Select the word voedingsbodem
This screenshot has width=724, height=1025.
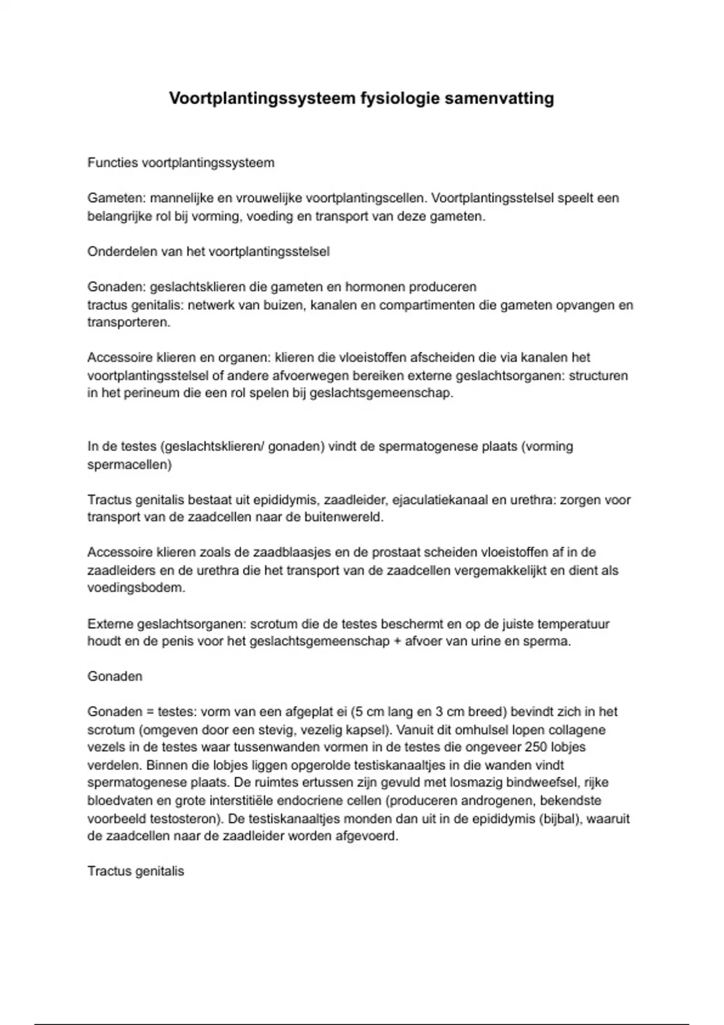[136, 588]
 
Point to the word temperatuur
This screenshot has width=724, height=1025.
[574, 624]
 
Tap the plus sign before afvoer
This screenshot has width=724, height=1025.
[397, 642]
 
